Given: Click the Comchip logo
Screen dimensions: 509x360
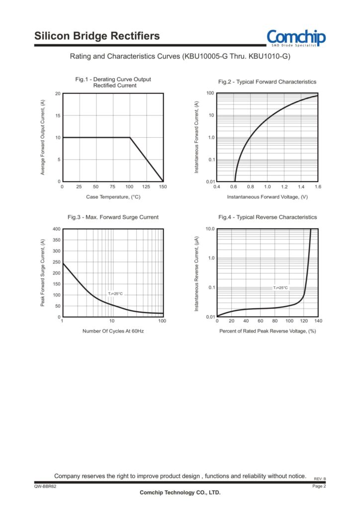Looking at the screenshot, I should (296, 38).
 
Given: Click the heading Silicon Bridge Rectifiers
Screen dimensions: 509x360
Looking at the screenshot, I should (97, 36).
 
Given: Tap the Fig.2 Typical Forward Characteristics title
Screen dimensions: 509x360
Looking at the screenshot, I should (267, 82).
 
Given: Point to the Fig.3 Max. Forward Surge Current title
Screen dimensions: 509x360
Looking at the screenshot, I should (113, 217).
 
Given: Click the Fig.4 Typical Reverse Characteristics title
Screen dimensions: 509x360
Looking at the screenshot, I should (268, 217).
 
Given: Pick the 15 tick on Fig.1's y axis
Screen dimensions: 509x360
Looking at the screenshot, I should (58, 116).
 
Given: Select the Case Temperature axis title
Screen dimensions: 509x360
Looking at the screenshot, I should (113, 197).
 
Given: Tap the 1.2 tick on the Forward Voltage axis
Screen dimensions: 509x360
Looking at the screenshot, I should (284, 187).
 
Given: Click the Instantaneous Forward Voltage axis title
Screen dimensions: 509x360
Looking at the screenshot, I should (268, 197).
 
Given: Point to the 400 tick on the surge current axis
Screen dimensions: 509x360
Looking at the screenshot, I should (56, 229).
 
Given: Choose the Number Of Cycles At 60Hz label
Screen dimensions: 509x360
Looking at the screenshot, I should (113, 331).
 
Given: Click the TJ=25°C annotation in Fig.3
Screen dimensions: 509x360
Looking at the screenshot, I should (115, 294).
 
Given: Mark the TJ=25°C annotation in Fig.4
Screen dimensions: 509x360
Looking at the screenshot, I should (280, 288).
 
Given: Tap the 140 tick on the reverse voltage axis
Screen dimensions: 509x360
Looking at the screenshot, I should (318, 322).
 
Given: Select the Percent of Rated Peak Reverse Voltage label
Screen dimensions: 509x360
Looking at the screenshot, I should (268, 331).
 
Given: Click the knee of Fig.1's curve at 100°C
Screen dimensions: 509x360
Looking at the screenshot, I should (130, 138).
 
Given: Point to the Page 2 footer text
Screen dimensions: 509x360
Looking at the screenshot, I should (319, 486).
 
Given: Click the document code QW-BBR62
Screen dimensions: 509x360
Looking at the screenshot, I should (45, 486).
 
